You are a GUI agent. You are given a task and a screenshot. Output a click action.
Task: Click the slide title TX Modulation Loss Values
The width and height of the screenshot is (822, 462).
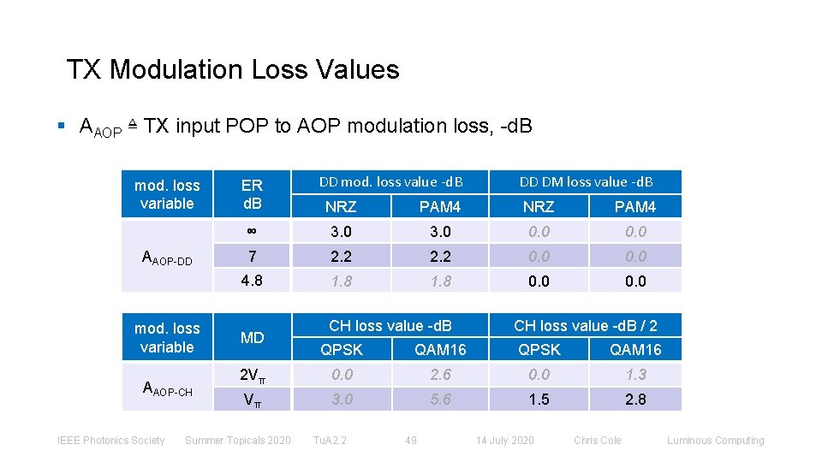pos(233,69)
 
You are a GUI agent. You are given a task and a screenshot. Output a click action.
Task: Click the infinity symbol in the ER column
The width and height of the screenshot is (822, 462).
pos(252,231)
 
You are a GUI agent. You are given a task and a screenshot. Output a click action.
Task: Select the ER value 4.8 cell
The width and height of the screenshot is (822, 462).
pos(252,281)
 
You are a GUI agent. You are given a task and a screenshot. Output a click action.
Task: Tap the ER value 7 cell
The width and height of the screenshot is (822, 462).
pos(252,256)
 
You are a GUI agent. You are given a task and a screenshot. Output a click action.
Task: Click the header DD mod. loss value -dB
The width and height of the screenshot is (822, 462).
pos(390,181)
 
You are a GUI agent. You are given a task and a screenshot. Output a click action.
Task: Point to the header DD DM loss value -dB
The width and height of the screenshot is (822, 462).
pos(587,181)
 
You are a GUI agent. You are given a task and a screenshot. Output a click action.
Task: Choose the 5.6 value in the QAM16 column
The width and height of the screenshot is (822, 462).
pos(440,399)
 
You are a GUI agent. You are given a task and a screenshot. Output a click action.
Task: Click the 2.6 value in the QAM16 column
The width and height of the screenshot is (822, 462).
pos(440,374)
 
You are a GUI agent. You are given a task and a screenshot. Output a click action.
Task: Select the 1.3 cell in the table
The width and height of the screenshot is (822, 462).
pos(635,374)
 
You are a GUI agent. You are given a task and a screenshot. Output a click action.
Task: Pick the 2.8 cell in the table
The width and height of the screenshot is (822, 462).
pos(635,399)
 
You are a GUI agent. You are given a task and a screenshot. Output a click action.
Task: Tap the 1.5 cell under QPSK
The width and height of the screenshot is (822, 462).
pos(539,399)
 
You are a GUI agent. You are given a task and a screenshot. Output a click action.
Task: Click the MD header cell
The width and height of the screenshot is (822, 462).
pos(252,338)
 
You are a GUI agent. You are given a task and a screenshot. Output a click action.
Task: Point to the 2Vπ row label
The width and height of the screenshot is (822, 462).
pos(252,375)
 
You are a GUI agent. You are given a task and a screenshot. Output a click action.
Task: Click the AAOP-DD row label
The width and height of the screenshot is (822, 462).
pos(167,257)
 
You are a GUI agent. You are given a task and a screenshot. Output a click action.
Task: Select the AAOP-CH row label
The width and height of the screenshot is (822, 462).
pos(167,390)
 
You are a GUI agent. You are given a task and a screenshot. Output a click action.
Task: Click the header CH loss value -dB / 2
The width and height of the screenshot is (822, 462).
pos(586,325)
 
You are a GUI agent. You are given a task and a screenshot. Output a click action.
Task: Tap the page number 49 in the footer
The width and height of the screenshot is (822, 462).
pos(411,441)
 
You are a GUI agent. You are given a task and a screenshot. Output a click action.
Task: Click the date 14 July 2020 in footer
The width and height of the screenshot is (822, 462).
pos(504,441)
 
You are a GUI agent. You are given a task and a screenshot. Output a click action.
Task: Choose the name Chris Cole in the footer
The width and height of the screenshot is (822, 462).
pos(598,441)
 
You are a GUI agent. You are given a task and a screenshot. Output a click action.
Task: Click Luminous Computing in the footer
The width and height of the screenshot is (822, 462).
pos(715,441)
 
